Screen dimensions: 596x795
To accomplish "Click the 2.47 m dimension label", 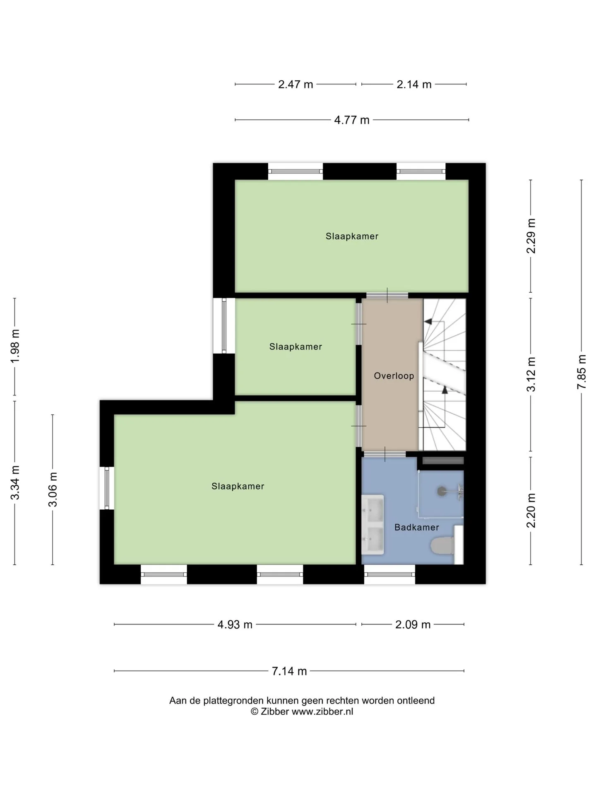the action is pos(296,84).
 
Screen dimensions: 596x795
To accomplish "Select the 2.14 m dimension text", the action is pos(414,84).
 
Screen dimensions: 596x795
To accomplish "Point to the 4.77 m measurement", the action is pos(352,120).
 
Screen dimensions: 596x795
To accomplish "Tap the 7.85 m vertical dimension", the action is pos(582,371).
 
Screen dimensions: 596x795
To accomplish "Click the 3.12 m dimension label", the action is pos(531,374).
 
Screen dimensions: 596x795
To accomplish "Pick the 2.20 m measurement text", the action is pos(531,511).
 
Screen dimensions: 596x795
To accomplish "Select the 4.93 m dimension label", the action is pos(235,624).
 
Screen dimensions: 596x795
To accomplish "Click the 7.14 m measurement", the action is pos(289,671).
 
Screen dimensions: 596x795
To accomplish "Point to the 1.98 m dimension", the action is pos(15,346).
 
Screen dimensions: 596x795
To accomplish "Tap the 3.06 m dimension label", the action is pos(53,489).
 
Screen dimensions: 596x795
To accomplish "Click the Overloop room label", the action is pos(394,376).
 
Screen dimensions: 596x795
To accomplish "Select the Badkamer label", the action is pos(417,528).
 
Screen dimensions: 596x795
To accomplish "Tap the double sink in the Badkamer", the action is pos(373,525).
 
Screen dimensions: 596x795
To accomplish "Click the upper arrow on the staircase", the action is pos(428,321).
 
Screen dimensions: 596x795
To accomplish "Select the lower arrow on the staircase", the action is pos(445,390).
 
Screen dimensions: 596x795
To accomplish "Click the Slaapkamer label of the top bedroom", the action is pos(352,236).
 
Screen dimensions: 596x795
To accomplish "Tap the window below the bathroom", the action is pos(390,574).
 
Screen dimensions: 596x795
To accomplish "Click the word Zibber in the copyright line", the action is pos(275,711).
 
